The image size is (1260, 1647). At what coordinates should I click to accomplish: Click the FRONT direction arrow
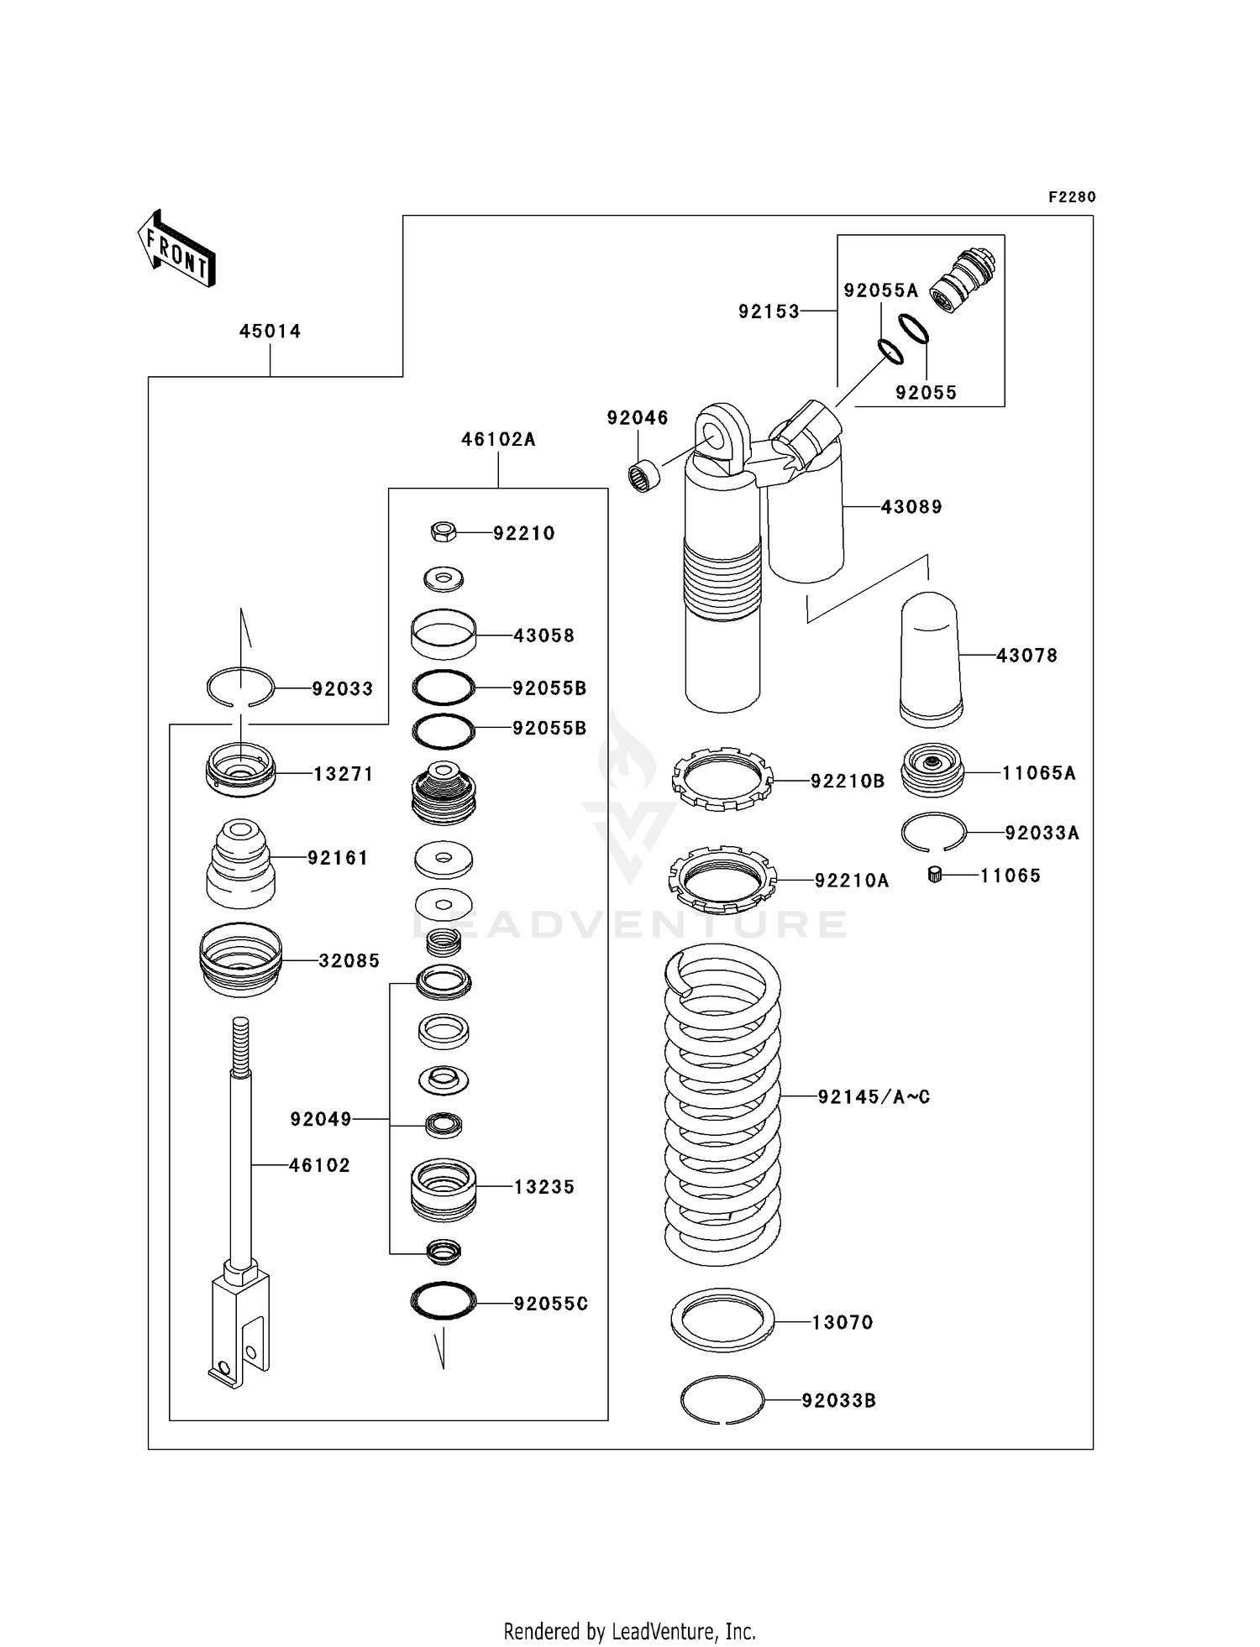pos(176,249)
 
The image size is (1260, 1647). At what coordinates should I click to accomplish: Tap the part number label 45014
pos(270,332)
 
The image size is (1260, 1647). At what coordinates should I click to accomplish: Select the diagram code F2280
pos(1072,197)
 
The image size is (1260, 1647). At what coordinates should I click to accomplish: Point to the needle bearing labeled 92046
pos(644,475)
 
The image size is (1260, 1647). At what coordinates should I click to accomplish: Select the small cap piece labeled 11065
pos(933,876)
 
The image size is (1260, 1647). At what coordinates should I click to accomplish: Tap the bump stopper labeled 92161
pos(240,864)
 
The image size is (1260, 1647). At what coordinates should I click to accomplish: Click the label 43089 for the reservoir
pos(911,507)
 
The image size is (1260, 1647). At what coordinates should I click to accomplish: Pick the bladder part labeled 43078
pos(931,659)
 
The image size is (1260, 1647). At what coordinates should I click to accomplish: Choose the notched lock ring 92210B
pos(722,779)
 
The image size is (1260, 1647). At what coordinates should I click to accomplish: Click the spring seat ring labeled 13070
pos(722,1320)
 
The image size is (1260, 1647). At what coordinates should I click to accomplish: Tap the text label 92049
pos(321,1119)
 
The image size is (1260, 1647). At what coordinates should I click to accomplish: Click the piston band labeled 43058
pos(444,635)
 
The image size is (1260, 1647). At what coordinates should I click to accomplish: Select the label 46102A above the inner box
pos(498,439)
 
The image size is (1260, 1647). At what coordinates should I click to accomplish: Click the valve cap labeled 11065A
pos(932,771)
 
